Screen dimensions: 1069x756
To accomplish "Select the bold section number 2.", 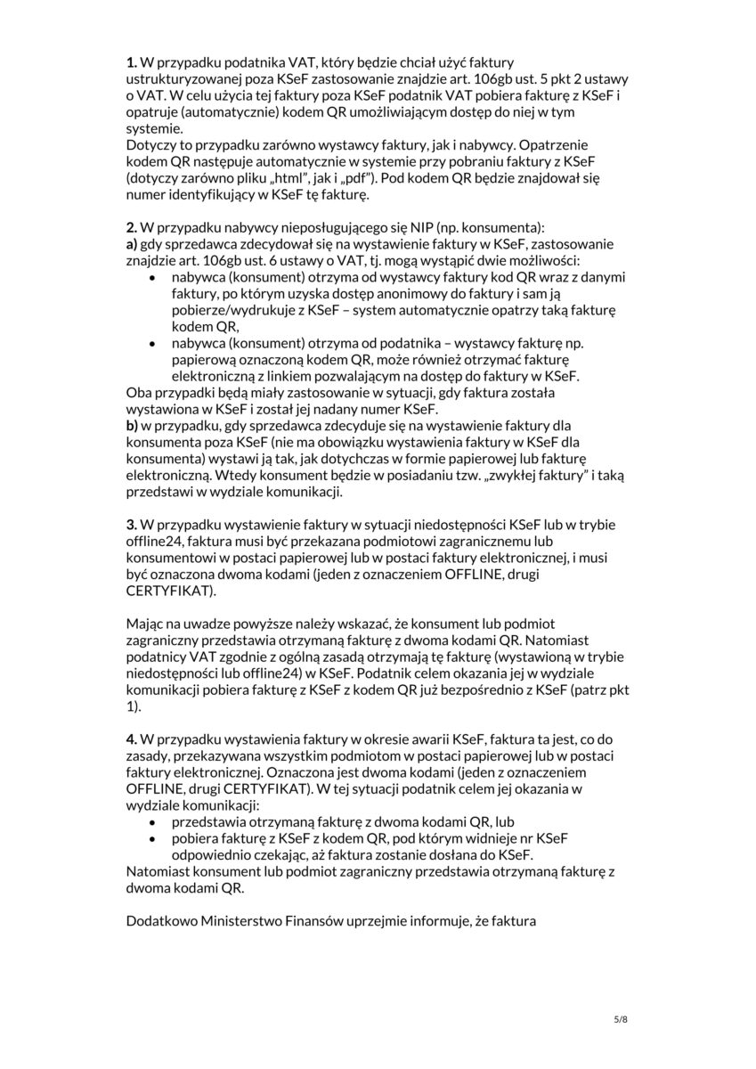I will [131, 229].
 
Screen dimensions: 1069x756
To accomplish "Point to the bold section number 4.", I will [131, 739].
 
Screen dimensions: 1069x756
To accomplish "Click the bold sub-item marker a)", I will [132, 245].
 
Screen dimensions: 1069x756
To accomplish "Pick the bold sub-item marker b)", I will [132, 427].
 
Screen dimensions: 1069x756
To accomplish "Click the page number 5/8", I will [621, 1019].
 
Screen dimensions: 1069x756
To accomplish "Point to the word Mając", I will [149, 624].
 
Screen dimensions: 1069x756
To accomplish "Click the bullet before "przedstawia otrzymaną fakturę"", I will [156, 821].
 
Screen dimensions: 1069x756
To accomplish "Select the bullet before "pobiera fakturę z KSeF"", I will [156, 838].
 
